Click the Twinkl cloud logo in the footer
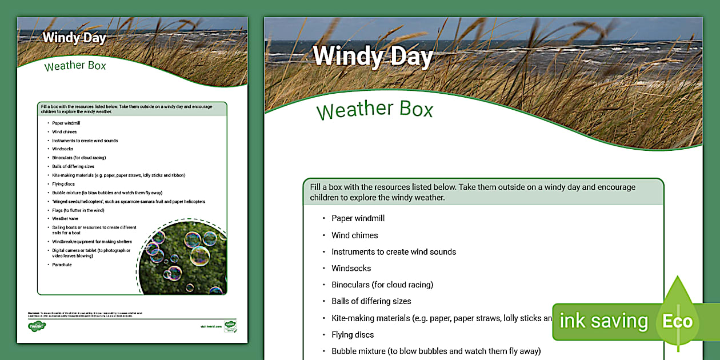[x=37, y=326]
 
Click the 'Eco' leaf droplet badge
[x=678, y=320]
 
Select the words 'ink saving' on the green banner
[x=603, y=321]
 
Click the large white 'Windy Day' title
[x=373, y=56]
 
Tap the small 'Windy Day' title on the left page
[x=74, y=38]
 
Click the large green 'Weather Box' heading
[x=375, y=110]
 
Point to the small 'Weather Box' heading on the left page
[x=75, y=66]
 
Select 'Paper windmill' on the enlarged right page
[x=358, y=218]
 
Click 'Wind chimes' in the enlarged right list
[x=354, y=235]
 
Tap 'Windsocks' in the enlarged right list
[x=351, y=268]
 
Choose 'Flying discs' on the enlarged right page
[x=353, y=334]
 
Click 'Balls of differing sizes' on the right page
[x=371, y=301]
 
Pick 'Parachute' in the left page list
[x=62, y=265]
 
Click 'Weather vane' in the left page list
[x=65, y=218]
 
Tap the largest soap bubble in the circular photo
[x=199, y=255]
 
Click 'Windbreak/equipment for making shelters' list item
[x=91, y=241]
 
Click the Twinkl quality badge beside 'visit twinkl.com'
[x=230, y=326]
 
